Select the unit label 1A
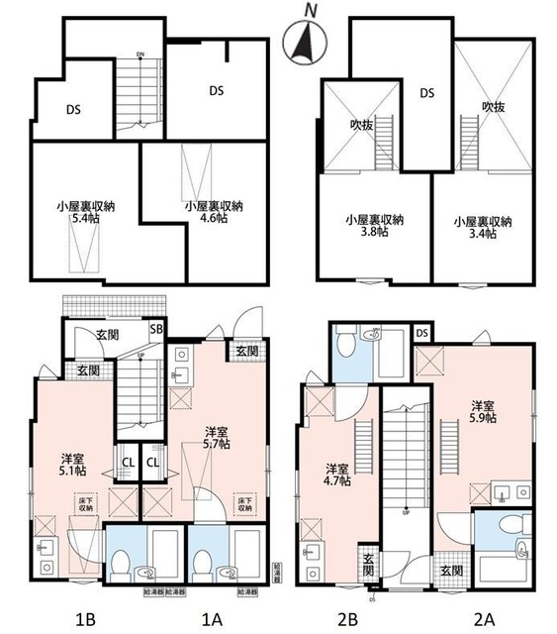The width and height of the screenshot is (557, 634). [x=210, y=620]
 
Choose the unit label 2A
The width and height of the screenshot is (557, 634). [x=483, y=620]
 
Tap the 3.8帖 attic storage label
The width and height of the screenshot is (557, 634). [x=374, y=227]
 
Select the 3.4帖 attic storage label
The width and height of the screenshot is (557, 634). [x=483, y=227]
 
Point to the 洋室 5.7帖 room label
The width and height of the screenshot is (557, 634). [x=220, y=438]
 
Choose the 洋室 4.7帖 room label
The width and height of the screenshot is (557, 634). [x=339, y=475]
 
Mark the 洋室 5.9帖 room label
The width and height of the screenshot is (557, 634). [x=482, y=413]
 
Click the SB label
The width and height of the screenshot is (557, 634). [x=156, y=329]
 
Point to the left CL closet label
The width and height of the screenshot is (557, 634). [x=129, y=461]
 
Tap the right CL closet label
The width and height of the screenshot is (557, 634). [x=153, y=461]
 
